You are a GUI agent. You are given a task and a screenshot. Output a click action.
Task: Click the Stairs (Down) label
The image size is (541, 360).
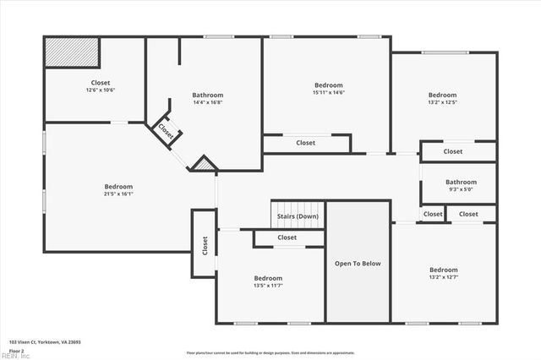pos(298,216)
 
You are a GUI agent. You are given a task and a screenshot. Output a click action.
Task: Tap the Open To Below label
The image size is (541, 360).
pos(358,264)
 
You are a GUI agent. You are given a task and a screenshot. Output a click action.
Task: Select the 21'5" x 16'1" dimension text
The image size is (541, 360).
pos(118,194)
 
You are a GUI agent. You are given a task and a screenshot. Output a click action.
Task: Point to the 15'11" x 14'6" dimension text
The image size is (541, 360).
pos(329,93)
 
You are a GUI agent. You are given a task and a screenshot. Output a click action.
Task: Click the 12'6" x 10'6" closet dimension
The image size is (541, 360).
pos(101,90)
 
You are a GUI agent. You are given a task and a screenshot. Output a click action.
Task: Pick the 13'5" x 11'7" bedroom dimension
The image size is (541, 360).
pos(268,286)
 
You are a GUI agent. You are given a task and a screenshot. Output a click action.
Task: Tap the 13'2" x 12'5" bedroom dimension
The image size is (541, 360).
pos(442,102)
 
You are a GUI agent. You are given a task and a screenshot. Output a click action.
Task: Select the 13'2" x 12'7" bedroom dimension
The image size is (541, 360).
pos(443,277)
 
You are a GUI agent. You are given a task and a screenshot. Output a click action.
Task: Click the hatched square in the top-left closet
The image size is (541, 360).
pos(72,52)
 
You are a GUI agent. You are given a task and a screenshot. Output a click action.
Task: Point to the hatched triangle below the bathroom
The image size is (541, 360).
pos(203,164)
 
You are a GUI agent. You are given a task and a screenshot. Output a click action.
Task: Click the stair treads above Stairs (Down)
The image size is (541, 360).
pos(298,205)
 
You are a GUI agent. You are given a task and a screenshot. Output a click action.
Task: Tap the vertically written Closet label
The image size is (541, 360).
pos(205,245)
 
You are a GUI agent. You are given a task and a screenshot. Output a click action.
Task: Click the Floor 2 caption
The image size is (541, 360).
pos(17,350)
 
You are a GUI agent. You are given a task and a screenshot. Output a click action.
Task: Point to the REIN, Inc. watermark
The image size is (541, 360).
pos(14,357)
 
